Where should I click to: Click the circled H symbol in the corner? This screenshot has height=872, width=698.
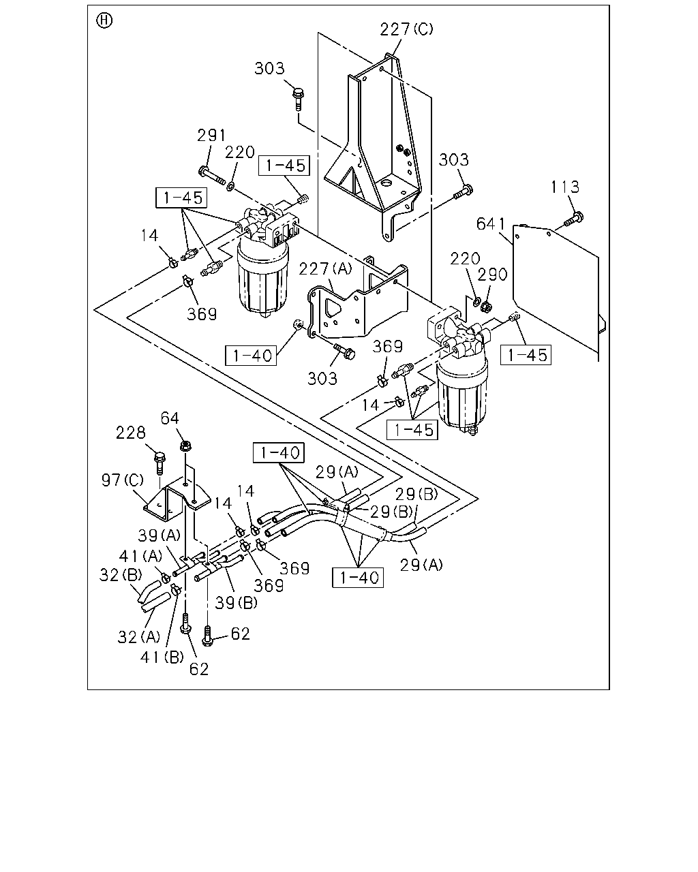coord(104,20)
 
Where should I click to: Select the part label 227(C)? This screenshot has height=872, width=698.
coord(406,29)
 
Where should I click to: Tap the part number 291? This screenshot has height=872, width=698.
coord(211,135)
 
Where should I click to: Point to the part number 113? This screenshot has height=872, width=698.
coord(565,187)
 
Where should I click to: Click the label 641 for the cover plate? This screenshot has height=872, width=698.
coord(491,223)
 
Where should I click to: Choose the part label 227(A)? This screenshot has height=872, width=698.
coord(326,268)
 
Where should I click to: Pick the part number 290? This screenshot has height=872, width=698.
coord(492,275)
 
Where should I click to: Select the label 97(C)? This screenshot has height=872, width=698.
coord(123,480)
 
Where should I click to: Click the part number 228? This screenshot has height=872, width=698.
coord(131,433)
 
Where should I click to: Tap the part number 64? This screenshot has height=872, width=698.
coord(170,418)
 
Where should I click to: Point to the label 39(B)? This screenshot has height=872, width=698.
coord(237,603)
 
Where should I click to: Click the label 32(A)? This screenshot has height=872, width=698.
coord(139,637)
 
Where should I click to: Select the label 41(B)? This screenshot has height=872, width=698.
coord(162,657)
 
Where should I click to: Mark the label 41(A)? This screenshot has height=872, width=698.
coord(140,556)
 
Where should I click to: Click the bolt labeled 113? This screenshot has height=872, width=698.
coord(574,219)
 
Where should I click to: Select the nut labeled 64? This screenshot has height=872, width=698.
coord(185,446)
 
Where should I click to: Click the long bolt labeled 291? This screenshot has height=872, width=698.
coord(212,176)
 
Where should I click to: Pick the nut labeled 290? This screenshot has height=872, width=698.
coord(484,307)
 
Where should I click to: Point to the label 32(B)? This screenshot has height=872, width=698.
coord(121,575)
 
